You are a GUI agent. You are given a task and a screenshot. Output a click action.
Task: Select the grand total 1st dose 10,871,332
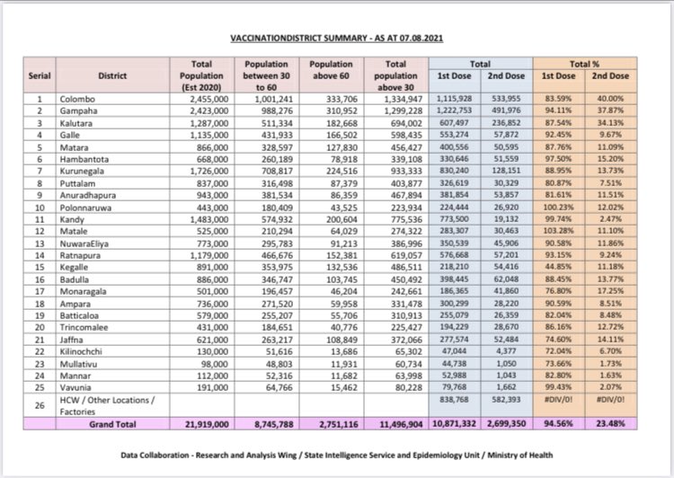[x=458, y=421]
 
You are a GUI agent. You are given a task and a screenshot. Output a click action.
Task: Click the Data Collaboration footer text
[x=337, y=455]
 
